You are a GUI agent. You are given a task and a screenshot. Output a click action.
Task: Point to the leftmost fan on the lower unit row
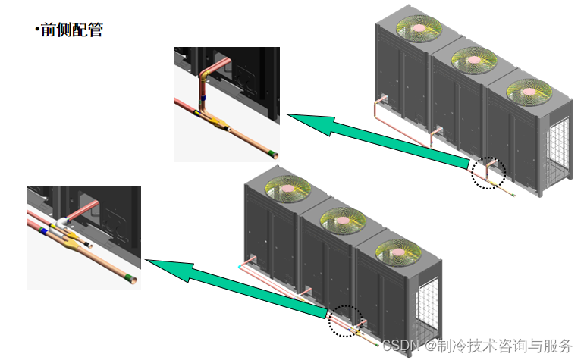286,189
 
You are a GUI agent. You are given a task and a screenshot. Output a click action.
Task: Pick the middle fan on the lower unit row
342,220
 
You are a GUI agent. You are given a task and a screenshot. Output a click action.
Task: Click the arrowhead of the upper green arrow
307,121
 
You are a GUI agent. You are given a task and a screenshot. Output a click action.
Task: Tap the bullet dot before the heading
36,31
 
